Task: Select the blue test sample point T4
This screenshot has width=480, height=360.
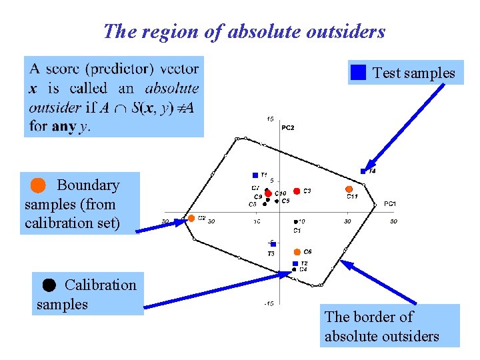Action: click(363, 171)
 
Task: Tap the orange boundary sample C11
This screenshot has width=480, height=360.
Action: click(349, 189)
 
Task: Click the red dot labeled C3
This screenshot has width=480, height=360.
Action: click(297, 191)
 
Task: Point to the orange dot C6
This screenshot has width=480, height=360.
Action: click(297, 252)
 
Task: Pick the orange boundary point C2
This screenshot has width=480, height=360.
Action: click(191, 218)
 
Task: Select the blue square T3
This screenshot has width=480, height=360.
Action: click(273, 245)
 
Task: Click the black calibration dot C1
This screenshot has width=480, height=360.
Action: click(296, 221)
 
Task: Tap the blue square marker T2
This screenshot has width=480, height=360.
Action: click(295, 264)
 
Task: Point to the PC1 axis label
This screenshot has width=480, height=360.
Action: click(390, 203)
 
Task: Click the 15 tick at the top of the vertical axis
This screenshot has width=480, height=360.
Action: click(269, 119)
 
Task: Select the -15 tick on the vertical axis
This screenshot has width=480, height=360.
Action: click(267, 303)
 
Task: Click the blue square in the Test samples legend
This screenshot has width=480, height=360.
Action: click(359, 72)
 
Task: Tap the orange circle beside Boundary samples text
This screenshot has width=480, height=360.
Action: click(39, 184)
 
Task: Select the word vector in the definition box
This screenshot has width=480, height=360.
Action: click(180, 69)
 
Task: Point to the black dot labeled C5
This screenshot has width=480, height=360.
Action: click(276, 201)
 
